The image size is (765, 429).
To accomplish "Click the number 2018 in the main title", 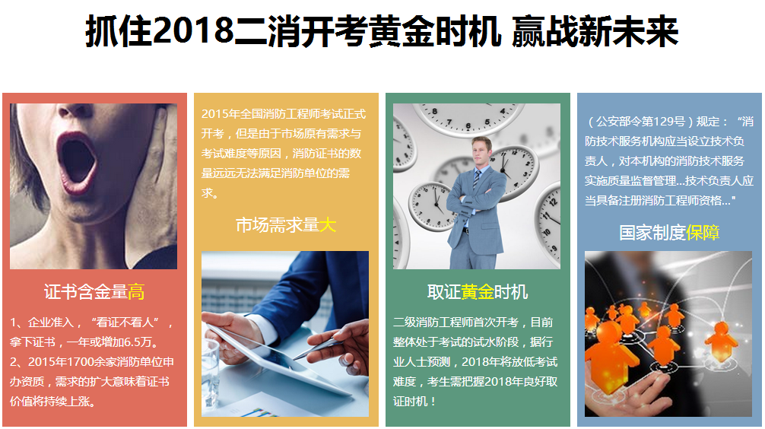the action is pos(194,30).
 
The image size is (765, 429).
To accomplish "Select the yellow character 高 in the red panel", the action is pos(136,292).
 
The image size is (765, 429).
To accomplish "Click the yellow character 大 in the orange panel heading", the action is pos(328,225).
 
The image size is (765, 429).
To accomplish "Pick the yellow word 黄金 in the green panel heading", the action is pos(477,292).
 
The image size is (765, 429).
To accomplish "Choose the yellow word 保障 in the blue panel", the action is pos(703,233).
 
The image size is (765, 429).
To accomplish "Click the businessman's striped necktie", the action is pos(476,180).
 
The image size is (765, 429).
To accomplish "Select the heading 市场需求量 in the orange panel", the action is pos(278,225).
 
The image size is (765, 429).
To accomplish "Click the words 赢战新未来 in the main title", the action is pos(595,30).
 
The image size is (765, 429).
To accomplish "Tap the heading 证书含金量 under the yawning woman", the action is pos(86,292).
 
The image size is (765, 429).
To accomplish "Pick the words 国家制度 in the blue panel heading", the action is pos(652,233).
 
